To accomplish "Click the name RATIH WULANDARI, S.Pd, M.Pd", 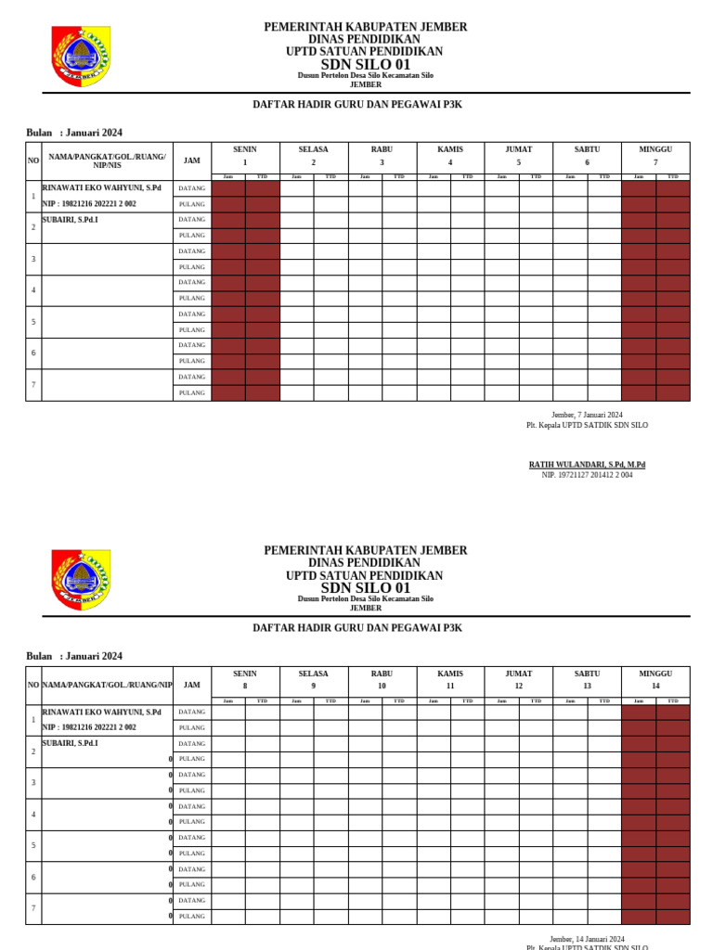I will [587, 464].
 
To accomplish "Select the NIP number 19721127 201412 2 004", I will [587, 475].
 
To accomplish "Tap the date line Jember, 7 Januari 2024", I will [587, 415].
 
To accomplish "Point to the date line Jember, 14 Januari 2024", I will [587, 939].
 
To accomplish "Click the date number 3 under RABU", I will [382, 162].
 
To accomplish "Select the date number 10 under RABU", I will [382, 687].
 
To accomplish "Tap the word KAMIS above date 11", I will [450, 674].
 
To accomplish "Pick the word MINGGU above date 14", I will [655, 674].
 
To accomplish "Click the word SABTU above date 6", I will [587, 148].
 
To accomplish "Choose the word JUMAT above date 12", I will [519, 674].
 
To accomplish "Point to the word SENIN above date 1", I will [245, 148].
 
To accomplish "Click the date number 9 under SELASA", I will [314, 687].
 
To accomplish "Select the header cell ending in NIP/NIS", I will [107, 160].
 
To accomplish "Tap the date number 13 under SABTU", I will [587, 687].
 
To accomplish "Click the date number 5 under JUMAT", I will [519, 162].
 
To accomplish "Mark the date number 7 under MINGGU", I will [655, 162].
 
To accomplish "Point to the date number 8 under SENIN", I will [245, 687].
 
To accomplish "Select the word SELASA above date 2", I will [314, 148].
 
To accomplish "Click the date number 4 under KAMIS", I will [450, 162].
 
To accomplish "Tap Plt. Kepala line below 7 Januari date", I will [587, 425].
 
